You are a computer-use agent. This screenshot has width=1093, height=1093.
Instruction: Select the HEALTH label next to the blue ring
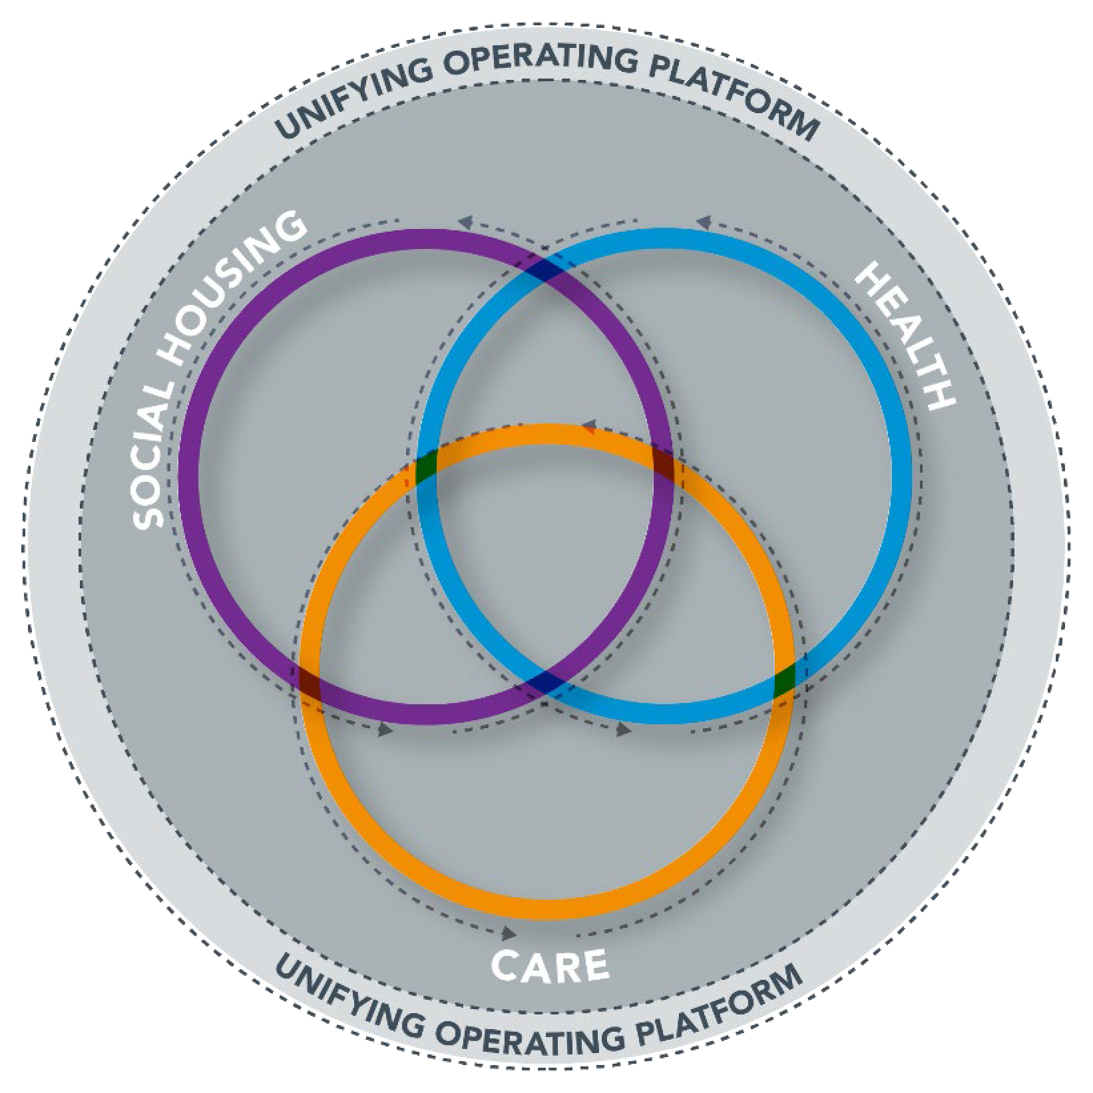[905, 336]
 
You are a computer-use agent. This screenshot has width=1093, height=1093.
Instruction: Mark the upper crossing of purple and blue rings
[545, 270]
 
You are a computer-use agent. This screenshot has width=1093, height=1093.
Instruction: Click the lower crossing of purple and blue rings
[546, 682]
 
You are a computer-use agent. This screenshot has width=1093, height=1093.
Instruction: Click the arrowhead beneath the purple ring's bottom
[384, 730]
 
